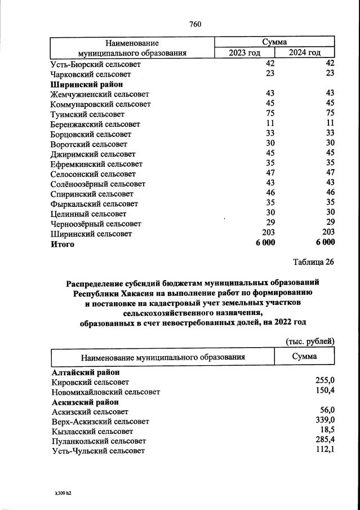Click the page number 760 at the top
click(x=195, y=24)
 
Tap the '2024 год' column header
click(x=305, y=53)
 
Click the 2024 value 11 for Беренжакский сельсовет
click(x=330, y=124)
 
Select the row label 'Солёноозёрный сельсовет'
click(x=98, y=184)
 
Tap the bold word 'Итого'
click(x=63, y=245)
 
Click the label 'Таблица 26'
click(x=314, y=262)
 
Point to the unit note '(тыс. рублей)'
click(x=310, y=341)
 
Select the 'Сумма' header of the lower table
click(x=304, y=357)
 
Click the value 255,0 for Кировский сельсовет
click(x=325, y=382)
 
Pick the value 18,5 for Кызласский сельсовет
click(x=327, y=431)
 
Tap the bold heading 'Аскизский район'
click(x=85, y=402)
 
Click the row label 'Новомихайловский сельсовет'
click(x=106, y=392)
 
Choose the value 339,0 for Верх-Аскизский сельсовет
click(x=325, y=421)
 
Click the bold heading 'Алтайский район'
click(x=85, y=372)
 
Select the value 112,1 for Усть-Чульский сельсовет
click(x=325, y=450)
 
